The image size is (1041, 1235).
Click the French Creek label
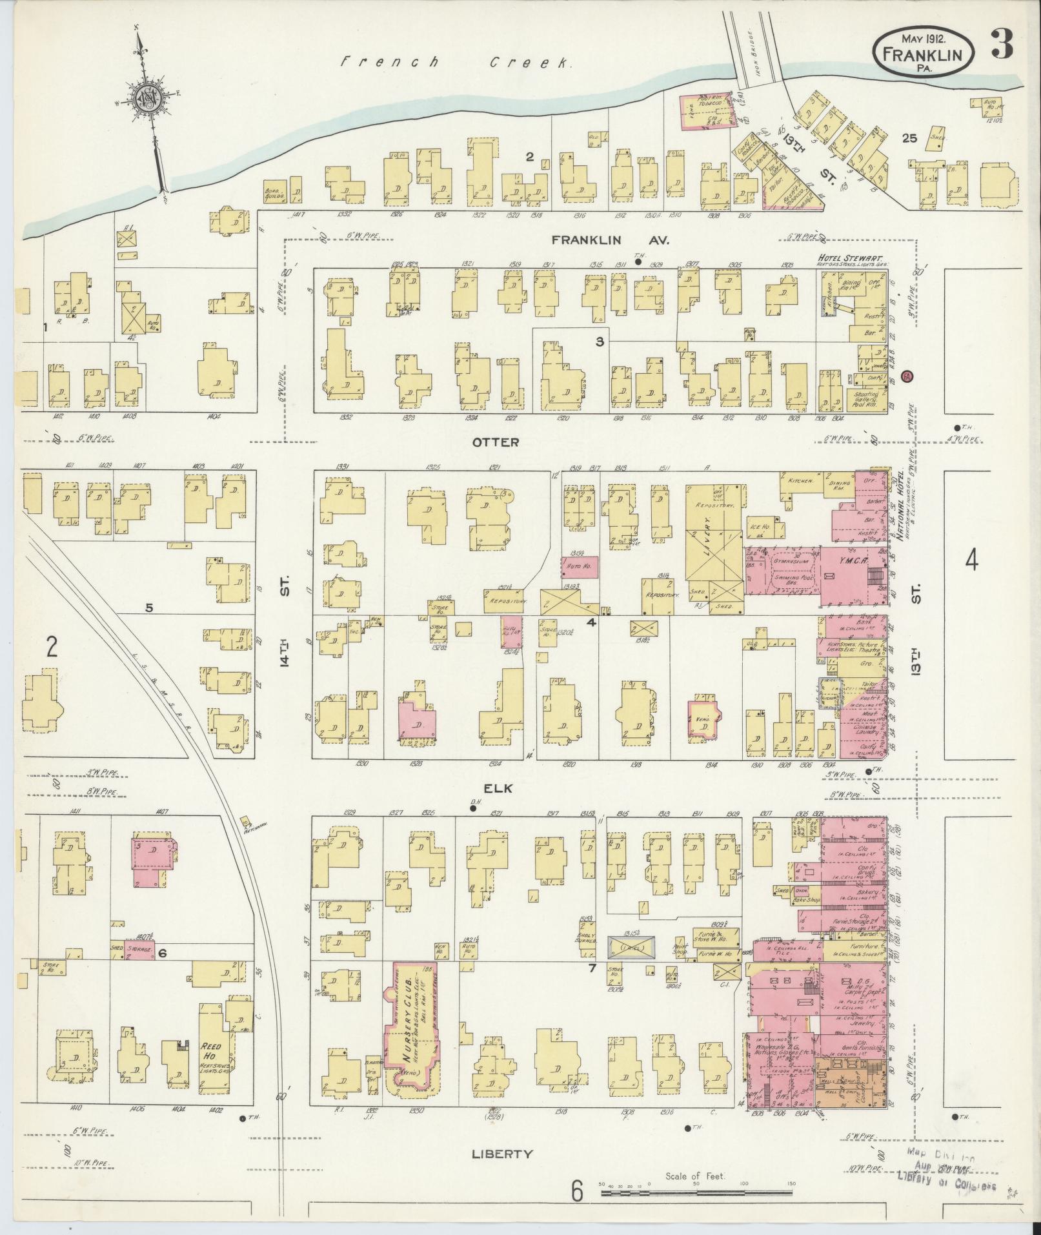pos(456,63)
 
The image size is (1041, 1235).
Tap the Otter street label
pos(495,443)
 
